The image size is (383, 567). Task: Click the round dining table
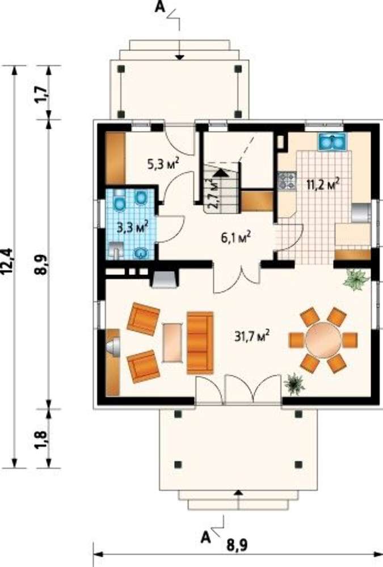click(323, 340)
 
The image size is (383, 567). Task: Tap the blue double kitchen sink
click(333, 141)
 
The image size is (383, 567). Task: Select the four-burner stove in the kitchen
click(287, 181)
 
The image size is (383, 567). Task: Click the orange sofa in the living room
click(200, 342)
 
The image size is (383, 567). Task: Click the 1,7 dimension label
click(43, 94)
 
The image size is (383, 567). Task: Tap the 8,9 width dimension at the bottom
click(237, 544)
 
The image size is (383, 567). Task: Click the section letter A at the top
click(159, 7)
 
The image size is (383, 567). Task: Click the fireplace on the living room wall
click(163, 279)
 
